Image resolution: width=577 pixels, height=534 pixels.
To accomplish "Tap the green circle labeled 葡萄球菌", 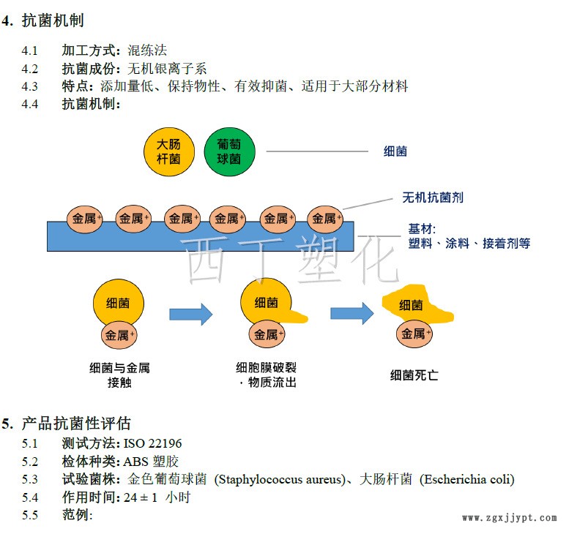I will coord(229,151).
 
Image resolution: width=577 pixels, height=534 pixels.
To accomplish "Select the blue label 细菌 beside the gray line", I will coord(395,151).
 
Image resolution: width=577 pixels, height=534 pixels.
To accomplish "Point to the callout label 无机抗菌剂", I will coord(432,197).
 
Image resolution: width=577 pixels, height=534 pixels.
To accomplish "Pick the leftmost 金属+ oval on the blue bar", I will coord(86,218).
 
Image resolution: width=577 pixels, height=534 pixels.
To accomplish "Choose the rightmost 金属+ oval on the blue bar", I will coord(324,218).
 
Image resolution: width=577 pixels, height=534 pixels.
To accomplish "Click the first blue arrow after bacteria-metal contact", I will coord(190,315).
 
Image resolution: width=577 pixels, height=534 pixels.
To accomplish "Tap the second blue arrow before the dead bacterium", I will coord(351,313).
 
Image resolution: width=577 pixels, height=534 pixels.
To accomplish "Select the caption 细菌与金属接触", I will coord(119,375).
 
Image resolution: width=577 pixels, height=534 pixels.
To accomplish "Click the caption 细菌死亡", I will coord(414,375).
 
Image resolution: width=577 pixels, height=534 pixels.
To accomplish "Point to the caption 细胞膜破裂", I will coord(266,367).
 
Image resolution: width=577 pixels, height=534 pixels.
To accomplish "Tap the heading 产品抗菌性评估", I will coord(76,424).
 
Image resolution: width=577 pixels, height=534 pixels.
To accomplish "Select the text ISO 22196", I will coord(152,444).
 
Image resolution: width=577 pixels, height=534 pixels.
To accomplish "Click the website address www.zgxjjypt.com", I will coord(509,517).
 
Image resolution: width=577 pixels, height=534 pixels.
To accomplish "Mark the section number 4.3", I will coord(29,86).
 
